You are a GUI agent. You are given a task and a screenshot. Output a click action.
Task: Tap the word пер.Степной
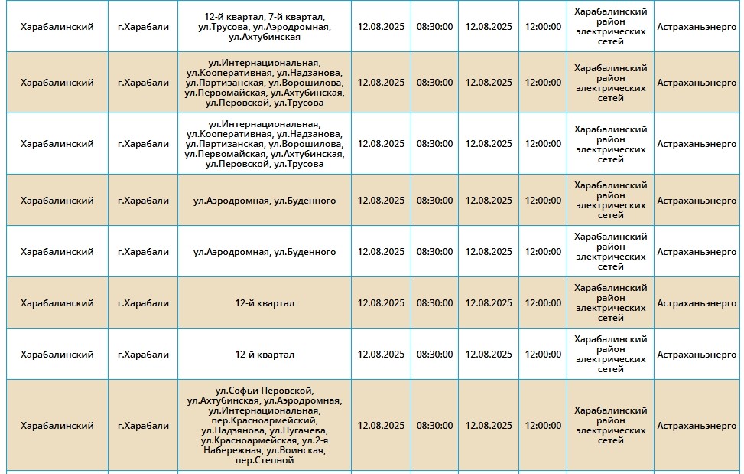pyautogui.click(x=265, y=460)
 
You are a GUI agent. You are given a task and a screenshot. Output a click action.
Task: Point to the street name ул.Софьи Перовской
pyautogui.click(x=265, y=391)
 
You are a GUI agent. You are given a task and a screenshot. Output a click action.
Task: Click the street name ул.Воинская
pyautogui.click(x=297, y=450)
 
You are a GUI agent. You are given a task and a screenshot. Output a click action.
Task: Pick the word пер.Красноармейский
pyautogui.click(x=265, y=420)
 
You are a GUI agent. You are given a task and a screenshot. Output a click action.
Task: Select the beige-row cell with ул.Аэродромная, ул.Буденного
pyautogui.click(x=265, y=201)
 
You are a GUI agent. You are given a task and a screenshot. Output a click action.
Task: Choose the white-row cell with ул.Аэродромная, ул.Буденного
pyautogui.click(x=265, y=252)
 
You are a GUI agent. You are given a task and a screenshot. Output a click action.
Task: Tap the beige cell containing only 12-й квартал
pyautogui.click(x=265, y=303)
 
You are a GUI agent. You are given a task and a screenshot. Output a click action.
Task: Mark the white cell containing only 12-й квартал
pyautogui.click(x=265, y=355)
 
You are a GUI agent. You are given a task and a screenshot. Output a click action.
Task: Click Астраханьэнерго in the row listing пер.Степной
pyautogui.click(x=697, y=426)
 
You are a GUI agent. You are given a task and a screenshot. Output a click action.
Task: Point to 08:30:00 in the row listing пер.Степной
pyautogui.click(x=434, y=426)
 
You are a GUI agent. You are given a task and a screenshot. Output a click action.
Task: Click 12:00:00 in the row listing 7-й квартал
pyautogui.click(x=543, y=27)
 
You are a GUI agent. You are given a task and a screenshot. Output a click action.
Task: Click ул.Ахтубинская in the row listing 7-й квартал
pyautogui.click(x=265, y=37)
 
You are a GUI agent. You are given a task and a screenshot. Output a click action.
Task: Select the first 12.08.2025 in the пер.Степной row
pyautogui.click(x=381, y=426)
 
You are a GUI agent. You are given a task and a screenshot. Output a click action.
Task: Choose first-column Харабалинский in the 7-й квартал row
pyautogui.click(x=57, y=27)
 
